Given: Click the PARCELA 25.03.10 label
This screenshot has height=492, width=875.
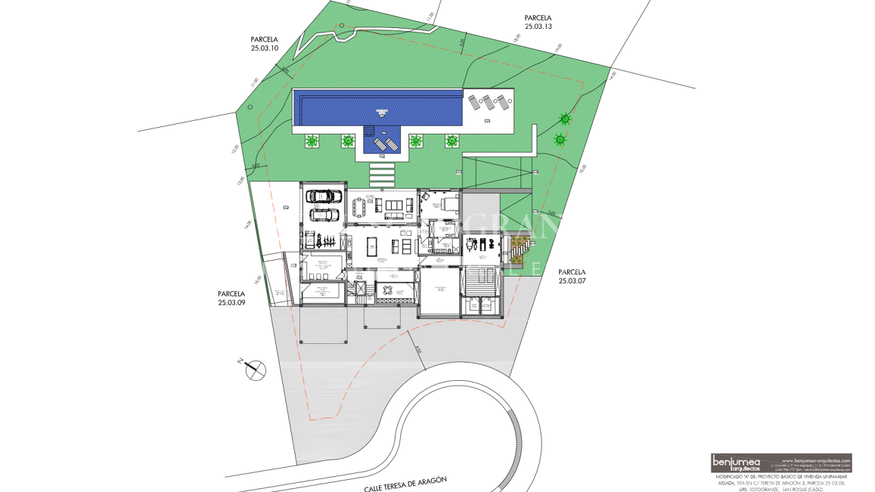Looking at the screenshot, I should pos(265,44).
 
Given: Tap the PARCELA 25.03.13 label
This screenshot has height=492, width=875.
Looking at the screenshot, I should pos(538,22).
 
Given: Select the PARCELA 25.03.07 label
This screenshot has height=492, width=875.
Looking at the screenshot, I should pos(572,276).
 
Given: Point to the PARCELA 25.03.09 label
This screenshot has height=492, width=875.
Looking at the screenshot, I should pos(231,298).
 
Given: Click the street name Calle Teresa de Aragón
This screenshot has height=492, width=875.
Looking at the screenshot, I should pos(405,484).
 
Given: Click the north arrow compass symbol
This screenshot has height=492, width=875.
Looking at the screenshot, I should pos(255,370).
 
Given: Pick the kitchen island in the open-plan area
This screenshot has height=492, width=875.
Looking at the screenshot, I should pos(371,246).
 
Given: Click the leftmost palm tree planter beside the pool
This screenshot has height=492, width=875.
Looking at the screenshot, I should pos(311,141).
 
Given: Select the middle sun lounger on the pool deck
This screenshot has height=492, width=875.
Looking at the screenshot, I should pos(487,101).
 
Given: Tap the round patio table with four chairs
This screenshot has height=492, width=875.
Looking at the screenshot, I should pos(389,291).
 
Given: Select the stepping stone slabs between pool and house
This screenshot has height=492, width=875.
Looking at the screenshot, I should pos(381,175).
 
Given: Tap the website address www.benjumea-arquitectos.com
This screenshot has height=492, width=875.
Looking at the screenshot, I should pos(816,460).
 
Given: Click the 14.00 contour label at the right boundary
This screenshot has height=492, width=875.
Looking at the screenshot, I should pos(612,74).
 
